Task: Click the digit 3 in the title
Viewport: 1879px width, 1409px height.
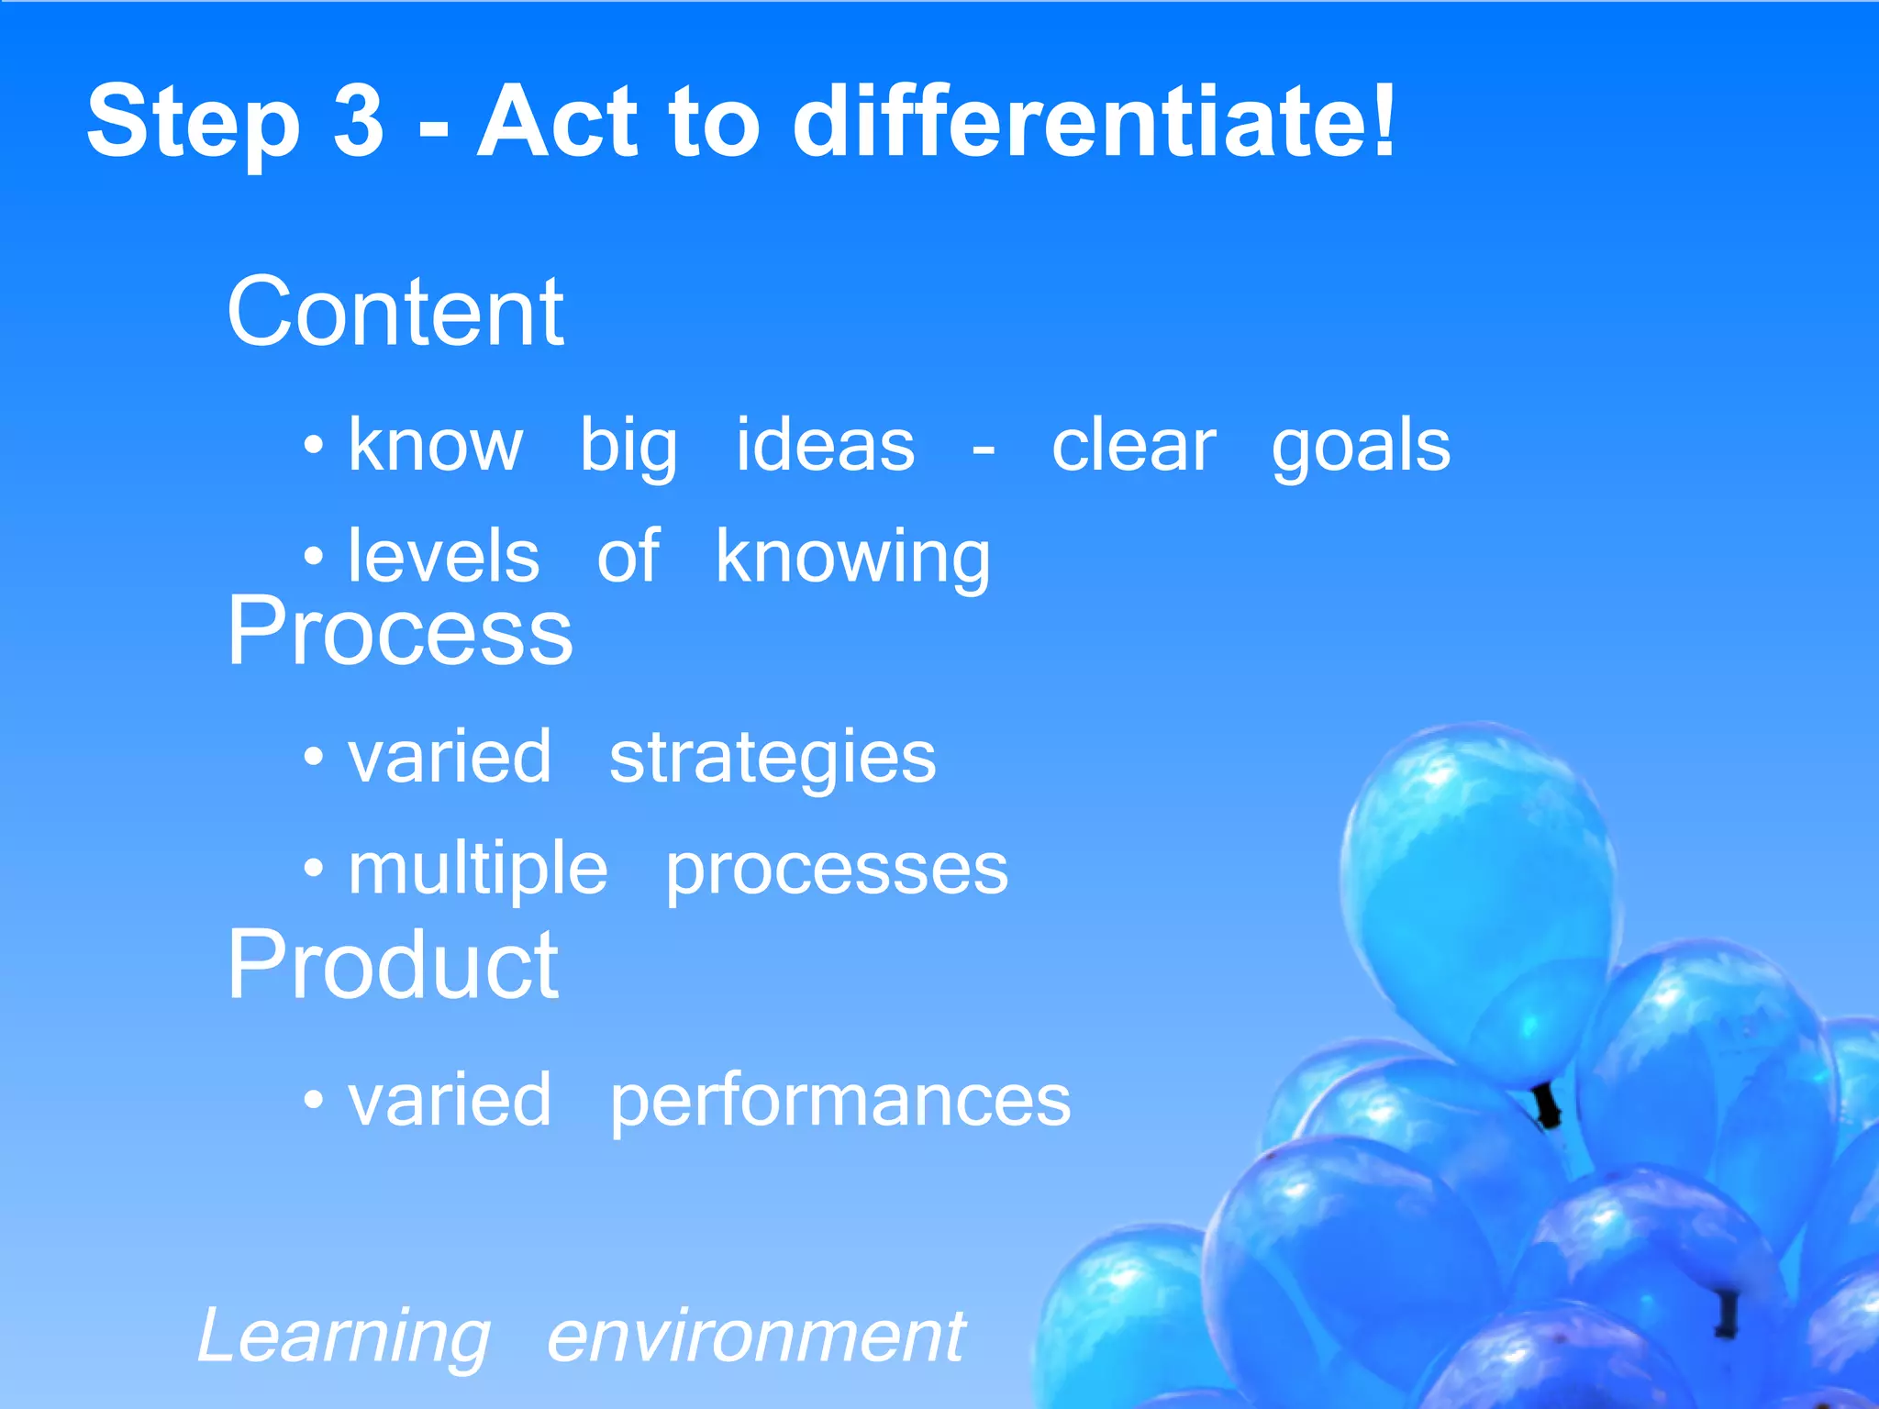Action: click(x=358, y=121)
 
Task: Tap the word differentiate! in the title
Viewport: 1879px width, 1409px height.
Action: click(x=1094, y=121)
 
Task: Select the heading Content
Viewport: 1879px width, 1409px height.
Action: click(x=395, y=313)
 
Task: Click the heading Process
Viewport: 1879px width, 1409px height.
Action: click(x=399, y=632)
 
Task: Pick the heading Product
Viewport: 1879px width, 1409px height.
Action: click(x=393, y=965)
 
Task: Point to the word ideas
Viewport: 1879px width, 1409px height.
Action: click(x=825, y=446)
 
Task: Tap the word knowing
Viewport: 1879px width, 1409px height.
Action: click(x=852, y=558)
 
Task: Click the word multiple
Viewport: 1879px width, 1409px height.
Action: click(x=477, y=870)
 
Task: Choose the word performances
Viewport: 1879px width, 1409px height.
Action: click(x=839, y=1101)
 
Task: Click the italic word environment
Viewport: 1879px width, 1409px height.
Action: click(x=755, y=1337)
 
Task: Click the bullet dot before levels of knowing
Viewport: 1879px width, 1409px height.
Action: click(x=314, y=556)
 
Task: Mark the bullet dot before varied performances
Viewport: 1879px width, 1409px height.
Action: click(x=314, y=1098)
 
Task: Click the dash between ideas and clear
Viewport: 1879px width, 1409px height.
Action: click(x=983, y=450)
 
